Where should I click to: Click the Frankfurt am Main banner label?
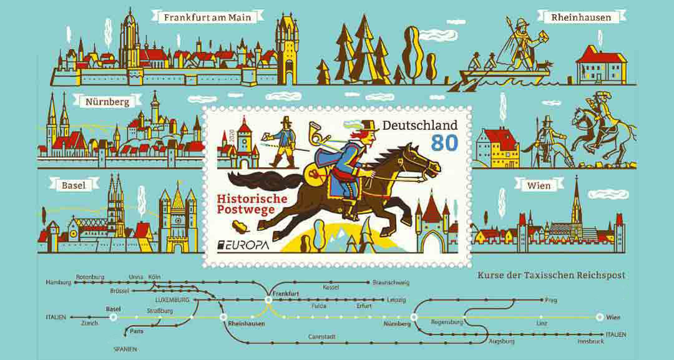207,17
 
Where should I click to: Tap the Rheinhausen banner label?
581,17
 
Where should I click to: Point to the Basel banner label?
73,185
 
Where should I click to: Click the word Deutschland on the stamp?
419,125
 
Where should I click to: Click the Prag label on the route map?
550,300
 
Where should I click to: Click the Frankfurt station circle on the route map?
268,300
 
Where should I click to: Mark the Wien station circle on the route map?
600,317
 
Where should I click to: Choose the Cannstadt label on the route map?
322,337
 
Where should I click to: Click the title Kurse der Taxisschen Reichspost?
551,275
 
